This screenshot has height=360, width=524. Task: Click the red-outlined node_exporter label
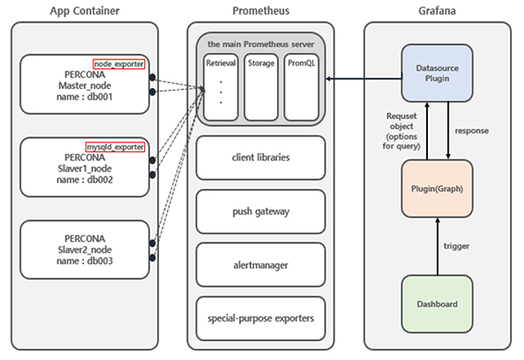(x=121, y=63)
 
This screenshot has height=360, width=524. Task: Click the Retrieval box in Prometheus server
(x=222, y=87)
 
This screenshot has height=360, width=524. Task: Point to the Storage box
(x=261, y=87)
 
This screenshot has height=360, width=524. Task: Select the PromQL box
(x=300, y=87)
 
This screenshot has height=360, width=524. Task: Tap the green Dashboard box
(x=437, y=305)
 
